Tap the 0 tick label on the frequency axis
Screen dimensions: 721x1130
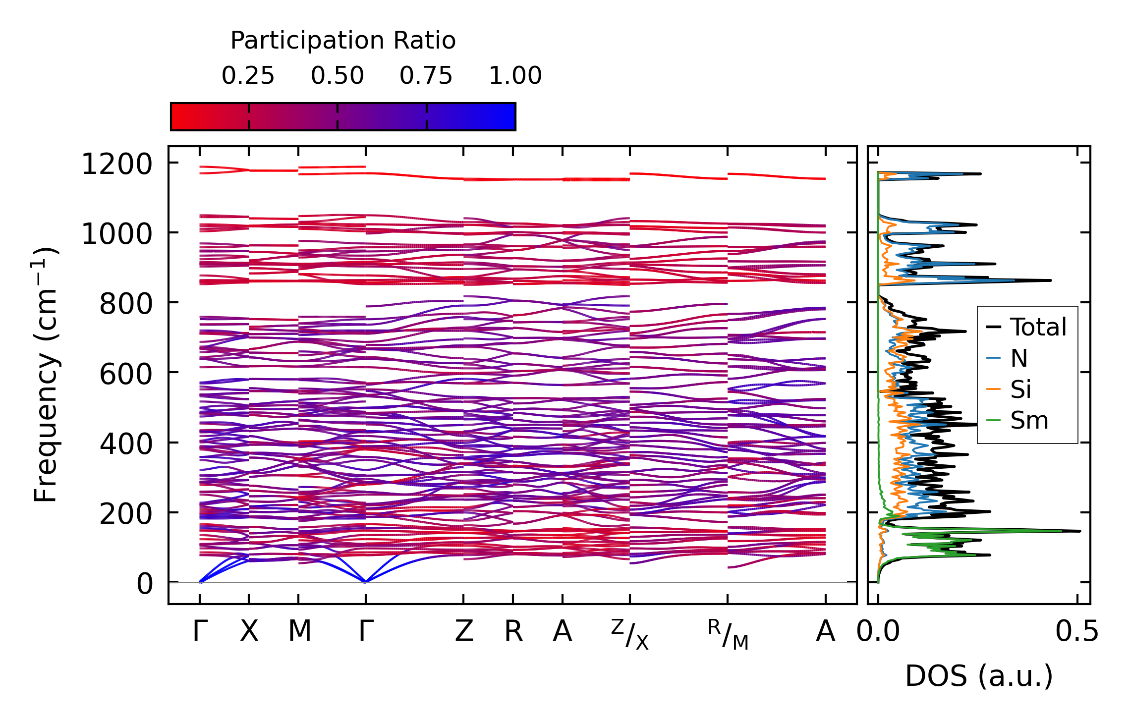[x=145, y=584]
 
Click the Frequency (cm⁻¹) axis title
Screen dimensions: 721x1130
[x=46, y=375]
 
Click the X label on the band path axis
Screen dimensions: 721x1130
[x=249, y=632]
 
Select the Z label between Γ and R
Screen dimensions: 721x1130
[x=464, y=632]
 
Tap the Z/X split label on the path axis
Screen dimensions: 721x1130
[x=629, y=634]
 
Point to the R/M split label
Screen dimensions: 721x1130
[x=728, y=634]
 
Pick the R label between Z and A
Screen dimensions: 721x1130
[x=513, y=632]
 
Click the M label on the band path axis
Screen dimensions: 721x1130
[x=299, y=632]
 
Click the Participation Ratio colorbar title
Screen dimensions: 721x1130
[x=343, y=41]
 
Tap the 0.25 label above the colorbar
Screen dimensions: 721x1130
[x=248, y=76]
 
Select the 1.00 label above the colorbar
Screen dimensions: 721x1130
[x=515, y=76]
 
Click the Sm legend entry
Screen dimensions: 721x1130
[x=1029, y=421]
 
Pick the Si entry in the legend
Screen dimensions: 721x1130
[x=1021, y=389]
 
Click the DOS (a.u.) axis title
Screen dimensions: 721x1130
[x=979, y=676]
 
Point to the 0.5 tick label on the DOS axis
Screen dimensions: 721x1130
[x=1076, y=632]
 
